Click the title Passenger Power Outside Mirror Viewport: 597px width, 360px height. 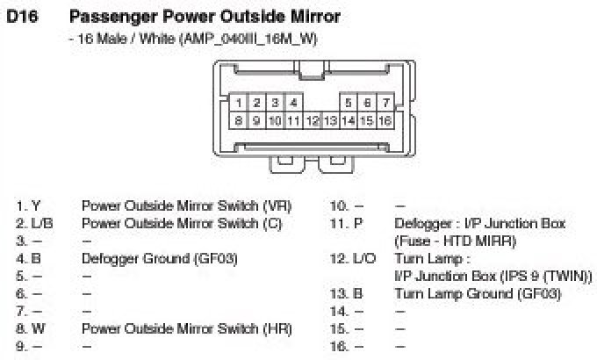(204, 17)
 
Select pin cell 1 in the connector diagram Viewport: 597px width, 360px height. (238, 104)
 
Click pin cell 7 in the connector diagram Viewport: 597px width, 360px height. (385, 104)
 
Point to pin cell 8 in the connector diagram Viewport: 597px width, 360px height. (238, 120)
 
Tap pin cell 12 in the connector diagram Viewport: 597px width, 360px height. (312, 120)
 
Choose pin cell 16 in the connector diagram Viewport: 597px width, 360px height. (385, 120)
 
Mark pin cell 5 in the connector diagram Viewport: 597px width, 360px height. (349, 104)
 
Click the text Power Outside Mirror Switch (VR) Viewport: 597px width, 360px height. (186, 206)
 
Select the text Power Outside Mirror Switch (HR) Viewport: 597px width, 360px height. (186, 329)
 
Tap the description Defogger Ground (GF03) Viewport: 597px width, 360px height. (159, 259)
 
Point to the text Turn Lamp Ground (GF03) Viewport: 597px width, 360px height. (478, 294)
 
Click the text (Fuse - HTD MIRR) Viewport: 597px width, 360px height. (455, 241)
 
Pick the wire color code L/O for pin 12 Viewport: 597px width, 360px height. (362, 259)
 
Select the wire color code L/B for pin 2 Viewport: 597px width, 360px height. (42, 224)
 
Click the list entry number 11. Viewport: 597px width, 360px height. (337, 224)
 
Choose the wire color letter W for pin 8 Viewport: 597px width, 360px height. (38, 329)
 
